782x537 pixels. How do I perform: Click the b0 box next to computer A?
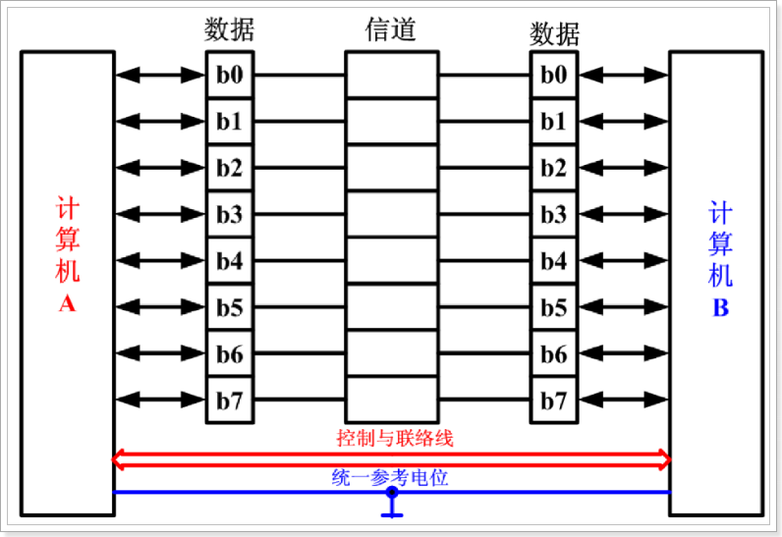point(229,75)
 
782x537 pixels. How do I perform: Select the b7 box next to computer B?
point(554,401)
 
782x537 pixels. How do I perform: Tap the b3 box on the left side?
point(229,214)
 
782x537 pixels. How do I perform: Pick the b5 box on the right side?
point(554,307)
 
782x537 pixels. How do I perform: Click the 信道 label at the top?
point(390,29)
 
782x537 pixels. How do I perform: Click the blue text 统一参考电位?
point(390,478)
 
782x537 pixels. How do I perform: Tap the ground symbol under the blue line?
point(392,509)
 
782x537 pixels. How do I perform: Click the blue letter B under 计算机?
point(720,308)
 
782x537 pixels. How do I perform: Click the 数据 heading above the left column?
point(229,29)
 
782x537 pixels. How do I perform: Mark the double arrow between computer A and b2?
point(159,168)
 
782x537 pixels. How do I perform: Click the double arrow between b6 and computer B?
point(624,354)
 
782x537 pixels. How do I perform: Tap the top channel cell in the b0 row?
point(390,75)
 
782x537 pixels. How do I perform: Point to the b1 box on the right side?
point(554,122)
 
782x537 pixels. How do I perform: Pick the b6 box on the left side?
point(229,354)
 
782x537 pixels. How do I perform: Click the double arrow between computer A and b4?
point(159,261)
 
